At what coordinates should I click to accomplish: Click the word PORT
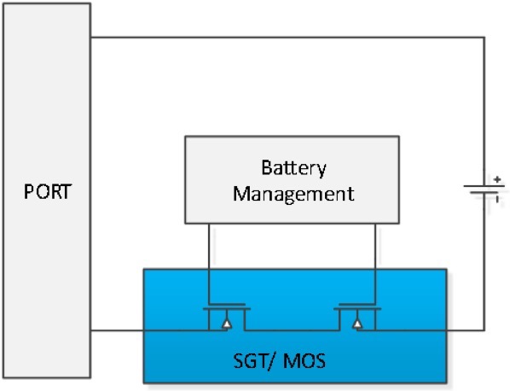pos(46,189)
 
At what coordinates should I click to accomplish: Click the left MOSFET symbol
pos(225,318)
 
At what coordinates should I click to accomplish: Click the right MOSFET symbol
pos(356,318)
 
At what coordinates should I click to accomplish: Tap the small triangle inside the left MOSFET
pos(225,324)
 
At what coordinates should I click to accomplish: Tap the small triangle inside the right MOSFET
pos(356,324)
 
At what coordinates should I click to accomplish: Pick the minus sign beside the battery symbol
pos(496,199)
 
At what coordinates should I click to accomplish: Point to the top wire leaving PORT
pos(281,38)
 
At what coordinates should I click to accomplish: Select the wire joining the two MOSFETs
pos(290,330)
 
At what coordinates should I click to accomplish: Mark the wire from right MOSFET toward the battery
pos(426,330)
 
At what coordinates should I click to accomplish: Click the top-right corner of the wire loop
pos(484,38)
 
